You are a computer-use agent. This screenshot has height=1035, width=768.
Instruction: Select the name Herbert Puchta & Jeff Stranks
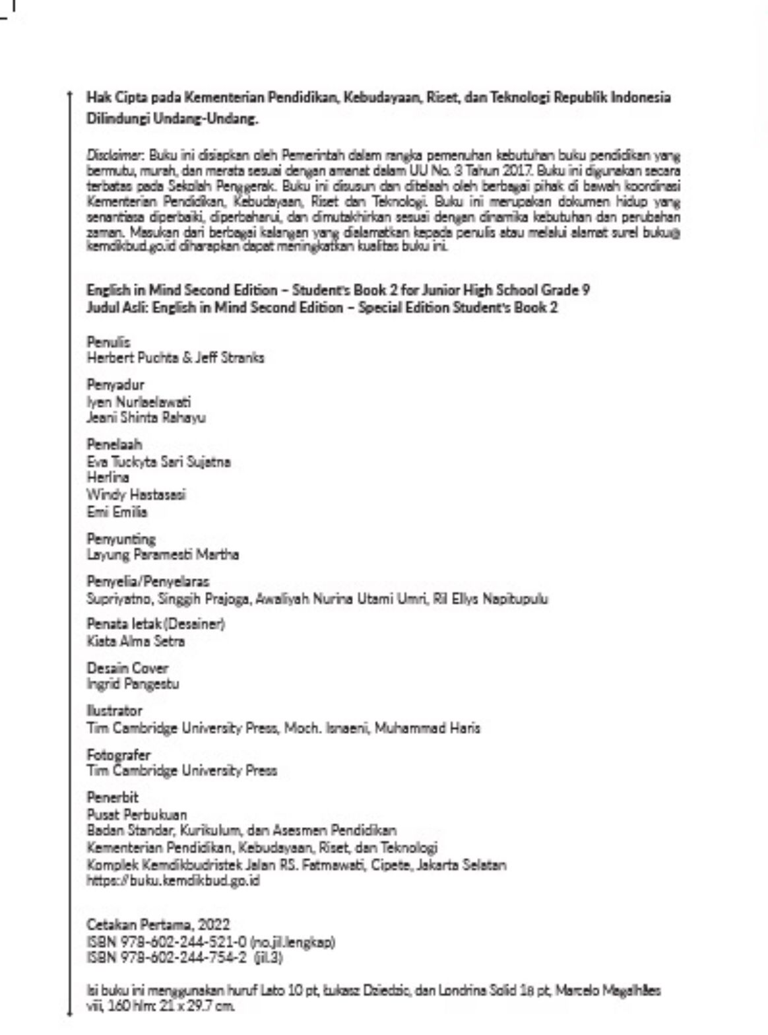click(176, 358)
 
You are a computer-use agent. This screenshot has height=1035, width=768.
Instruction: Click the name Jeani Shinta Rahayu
click(146, 418)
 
